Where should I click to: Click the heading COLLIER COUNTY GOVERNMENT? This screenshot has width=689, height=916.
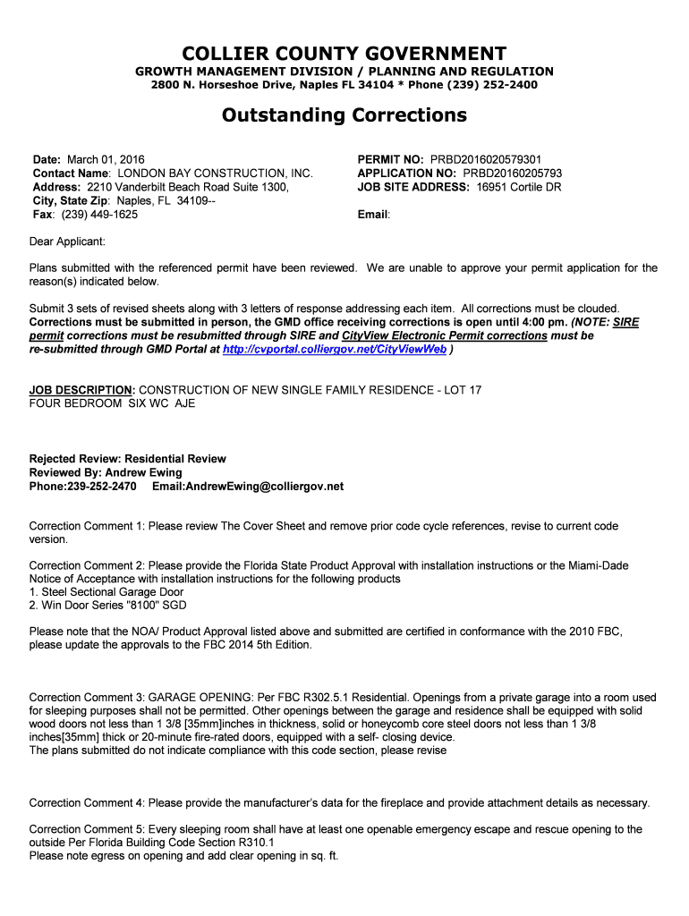[x=344, y=54]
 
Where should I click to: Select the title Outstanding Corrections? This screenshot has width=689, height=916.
[x=344, y=115]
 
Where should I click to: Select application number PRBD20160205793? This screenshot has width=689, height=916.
[x=512, y=174]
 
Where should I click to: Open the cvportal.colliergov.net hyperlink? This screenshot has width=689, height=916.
[x=334, y=350]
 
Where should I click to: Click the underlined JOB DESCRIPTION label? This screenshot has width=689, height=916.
[x=81, y=391]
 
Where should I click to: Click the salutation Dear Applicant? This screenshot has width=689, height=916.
[x=67, y=242]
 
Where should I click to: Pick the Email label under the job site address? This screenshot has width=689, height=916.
[x=373, y=215]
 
